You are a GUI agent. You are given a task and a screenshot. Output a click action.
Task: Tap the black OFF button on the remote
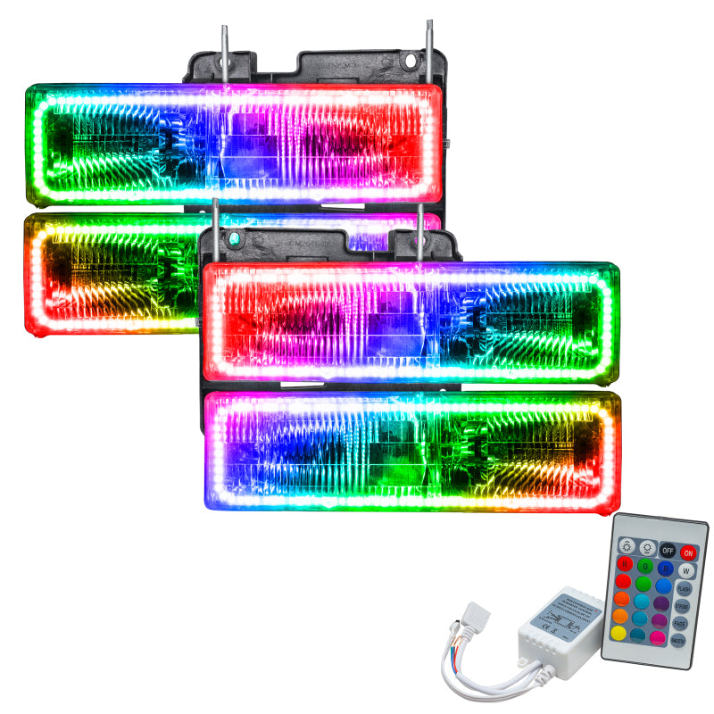[x=668, y=551]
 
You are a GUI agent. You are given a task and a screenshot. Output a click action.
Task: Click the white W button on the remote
[x=686, y=571]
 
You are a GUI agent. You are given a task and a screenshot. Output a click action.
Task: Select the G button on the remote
[x=645, y=566]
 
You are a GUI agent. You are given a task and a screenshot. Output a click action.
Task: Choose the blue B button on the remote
[x=666, y=569]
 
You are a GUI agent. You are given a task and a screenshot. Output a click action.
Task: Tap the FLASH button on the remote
[x=685, y=589]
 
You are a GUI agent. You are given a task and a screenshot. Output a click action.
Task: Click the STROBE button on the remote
[x=683, y=606]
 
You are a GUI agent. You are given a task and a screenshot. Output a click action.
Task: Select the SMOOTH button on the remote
[x=678, y=641]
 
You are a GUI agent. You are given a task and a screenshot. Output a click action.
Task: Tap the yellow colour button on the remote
[x=619, y=634]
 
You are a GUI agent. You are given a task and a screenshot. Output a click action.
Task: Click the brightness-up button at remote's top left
[x=627, y=546]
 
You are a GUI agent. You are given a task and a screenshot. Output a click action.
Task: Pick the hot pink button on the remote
[x=658, y=638]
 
